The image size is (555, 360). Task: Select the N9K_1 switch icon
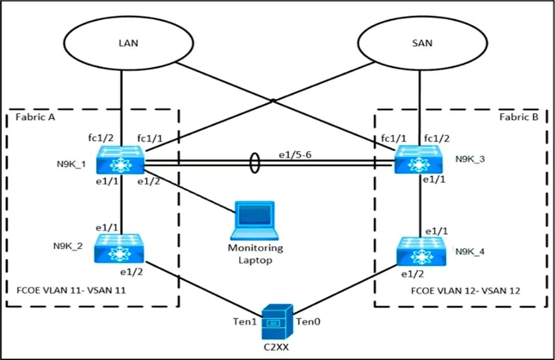tap(120, 159)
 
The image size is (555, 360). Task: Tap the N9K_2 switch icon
tap(119, 249)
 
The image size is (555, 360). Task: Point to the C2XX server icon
tap(277, 322)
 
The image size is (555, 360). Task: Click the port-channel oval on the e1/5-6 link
tap(255, 163)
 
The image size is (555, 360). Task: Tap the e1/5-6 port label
tap(295, 155)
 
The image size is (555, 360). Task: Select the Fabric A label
tap(35, 117)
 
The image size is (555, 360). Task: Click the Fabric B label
tap(519, 117)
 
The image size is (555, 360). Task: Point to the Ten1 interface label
tap(245, 321)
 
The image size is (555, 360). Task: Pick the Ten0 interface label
tap(308, 321)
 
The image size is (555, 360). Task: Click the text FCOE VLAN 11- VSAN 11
tap(71, 290)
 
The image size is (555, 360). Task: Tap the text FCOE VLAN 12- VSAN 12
tap(465, 291)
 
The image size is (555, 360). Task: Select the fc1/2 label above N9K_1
tap(101, 138)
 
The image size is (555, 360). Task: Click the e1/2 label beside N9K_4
tap(412, 274)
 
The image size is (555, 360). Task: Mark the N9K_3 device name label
tap(470, 159)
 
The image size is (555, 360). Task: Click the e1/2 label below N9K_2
tap(131, 272)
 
